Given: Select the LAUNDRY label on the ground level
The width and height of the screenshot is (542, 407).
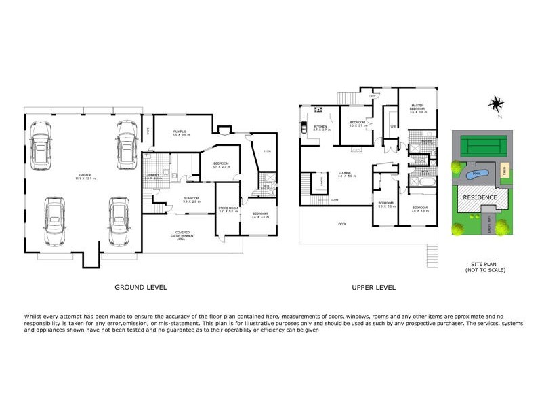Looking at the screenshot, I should pos(152,176).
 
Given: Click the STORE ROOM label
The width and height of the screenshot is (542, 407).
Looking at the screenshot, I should pos(226,208).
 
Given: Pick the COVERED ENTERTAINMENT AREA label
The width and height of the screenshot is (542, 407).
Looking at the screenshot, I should pos(186,235).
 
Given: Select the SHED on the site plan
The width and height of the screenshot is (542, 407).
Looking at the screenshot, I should pos(503,172).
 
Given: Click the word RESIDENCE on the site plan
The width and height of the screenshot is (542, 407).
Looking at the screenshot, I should pos(480,198).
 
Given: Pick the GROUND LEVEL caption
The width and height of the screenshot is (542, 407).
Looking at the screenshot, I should pos(140,288).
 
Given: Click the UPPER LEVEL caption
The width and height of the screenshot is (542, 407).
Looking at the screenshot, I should pos(373,288).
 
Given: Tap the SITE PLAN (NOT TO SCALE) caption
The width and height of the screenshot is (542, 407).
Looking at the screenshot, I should pos(484,267).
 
